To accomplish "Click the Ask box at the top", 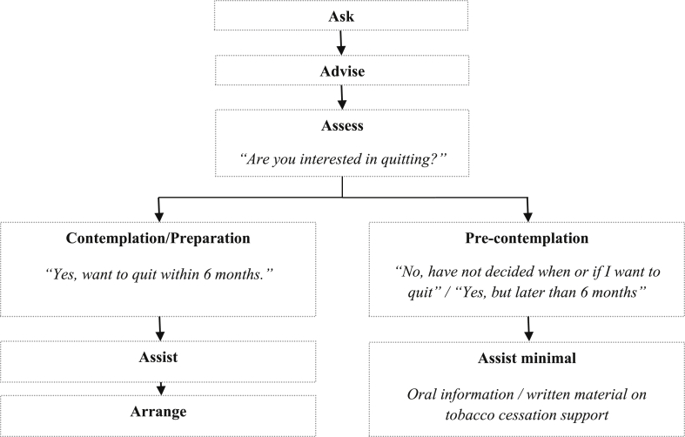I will [341, 16].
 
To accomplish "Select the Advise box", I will [341, 71].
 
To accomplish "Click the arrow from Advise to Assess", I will [341, 97].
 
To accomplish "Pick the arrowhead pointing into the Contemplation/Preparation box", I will [159, 215].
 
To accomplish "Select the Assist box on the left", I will [160, 357].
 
